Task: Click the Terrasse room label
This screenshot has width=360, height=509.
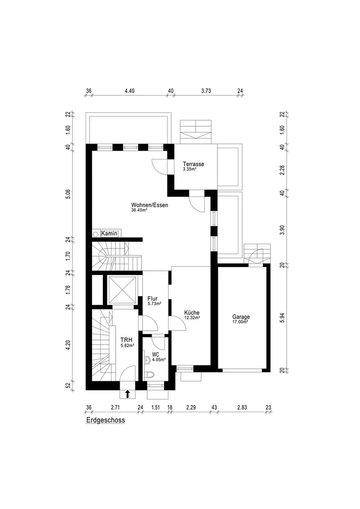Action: (x=193, y=164)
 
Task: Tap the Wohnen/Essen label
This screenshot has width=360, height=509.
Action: (x=150, y=205)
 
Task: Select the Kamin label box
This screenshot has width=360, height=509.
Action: (x=109, y=234)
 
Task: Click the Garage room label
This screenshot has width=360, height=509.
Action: (x=241, y=317)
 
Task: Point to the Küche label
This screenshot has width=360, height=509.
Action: (x=192, y=313)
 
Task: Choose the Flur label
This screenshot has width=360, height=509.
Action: (x=153, y=299)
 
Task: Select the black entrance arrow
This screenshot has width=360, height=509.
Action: (x=128, y=394)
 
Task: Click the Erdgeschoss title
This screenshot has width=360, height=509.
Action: (x=105, y=420)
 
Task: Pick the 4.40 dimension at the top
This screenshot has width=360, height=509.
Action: (x=129, y=91)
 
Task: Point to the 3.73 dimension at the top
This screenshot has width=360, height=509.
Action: (x=206, y=91)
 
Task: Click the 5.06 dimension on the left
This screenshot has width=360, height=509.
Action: (x=68, y=193)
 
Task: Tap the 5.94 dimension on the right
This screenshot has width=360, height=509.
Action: (x=282, y=318)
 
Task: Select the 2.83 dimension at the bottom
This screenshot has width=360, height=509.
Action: (x=242, y=407)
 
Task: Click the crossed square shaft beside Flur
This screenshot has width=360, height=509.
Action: (x=121, y=290)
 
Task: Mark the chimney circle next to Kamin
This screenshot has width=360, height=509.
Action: (x=96, y=234)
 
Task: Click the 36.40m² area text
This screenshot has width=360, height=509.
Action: (x=140, y=210)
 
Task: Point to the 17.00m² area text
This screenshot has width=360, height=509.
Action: (x=240, y=322)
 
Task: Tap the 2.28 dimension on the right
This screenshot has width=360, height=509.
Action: (x=282, y=171)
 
